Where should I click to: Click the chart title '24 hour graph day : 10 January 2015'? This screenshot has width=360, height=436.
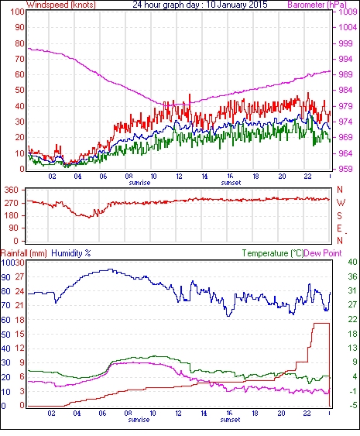click(200, 5)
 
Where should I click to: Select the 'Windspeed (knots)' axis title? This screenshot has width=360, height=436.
click(61, 5)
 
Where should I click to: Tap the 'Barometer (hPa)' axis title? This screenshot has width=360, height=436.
click(317, 5)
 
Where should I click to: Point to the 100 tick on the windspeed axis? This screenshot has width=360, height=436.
click(18, 12)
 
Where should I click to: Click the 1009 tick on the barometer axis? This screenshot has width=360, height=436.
click(348, 12)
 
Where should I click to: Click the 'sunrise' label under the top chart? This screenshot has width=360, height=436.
click(139, 183)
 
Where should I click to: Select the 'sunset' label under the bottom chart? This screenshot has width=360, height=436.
click(230, 419)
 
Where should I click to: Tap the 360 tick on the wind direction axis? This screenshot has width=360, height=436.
click(12, 191)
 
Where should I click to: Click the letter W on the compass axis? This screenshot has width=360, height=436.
click(341, 203)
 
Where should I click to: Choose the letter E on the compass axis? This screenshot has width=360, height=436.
click(339, 228)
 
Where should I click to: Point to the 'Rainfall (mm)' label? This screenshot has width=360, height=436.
click(24, 253)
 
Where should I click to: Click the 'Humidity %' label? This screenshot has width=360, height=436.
click(71, 253)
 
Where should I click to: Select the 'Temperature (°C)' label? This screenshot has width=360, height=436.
click(273, 253)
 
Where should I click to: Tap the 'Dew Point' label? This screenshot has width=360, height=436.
click(323, 253)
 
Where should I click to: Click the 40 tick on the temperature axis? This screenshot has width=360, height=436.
click(352, 262)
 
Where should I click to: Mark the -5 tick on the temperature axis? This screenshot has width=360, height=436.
click(352, 406)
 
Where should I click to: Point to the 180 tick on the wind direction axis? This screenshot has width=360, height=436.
click(12, 215)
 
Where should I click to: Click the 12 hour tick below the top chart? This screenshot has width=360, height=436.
click(179, 177)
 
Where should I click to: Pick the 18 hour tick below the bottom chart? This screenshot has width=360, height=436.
click(255, 414)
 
